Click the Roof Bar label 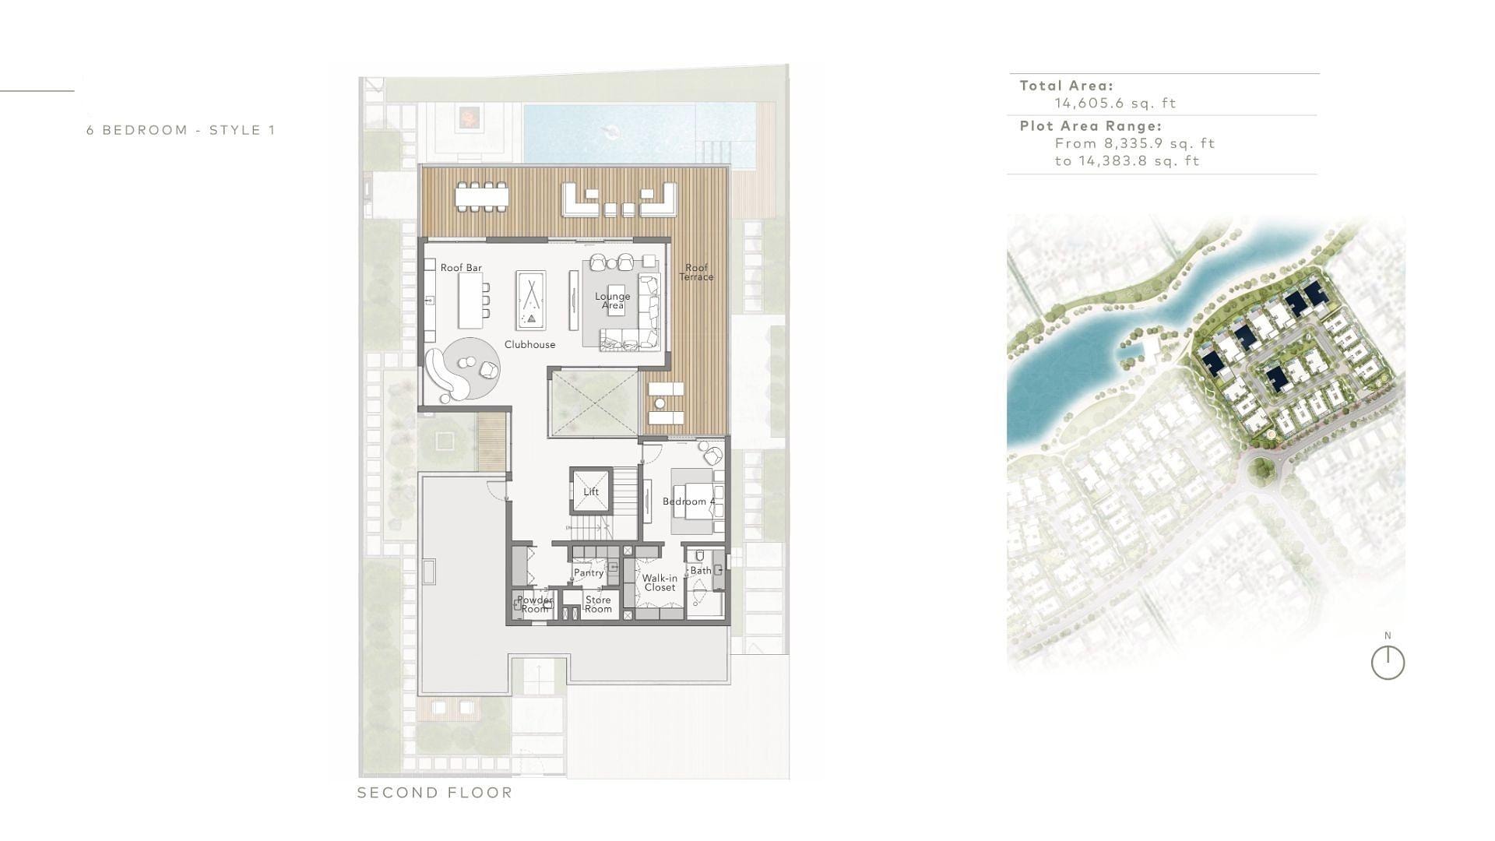tap(461, 268)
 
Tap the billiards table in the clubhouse tap(531, 300)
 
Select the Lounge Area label tap(613, 301)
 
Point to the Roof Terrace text tap(696, 273)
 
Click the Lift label tap(591, 492)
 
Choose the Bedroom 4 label tap(689, 501)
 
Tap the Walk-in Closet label tap(660, 582)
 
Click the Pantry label tap(589, 573)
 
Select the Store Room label tap(598, 604)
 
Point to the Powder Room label tap(535, 604)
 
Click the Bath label tap(701, 571)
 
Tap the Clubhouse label tap(529, 345)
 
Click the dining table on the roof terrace tap(482, 196)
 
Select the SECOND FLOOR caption tap(435, 793)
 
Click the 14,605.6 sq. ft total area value tap(1115, 103)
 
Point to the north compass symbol tap(1388, 663)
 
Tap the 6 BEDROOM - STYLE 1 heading tap(181, 130)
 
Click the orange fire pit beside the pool tap(468, 117)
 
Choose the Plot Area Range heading tap(1091, 125)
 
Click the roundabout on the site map tap(1261, 470)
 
